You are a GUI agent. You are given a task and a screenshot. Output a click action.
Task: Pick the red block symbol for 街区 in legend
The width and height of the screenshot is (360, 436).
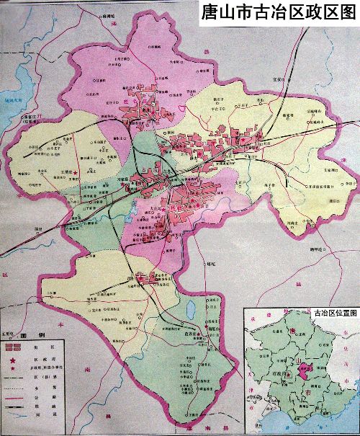point(12,347)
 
